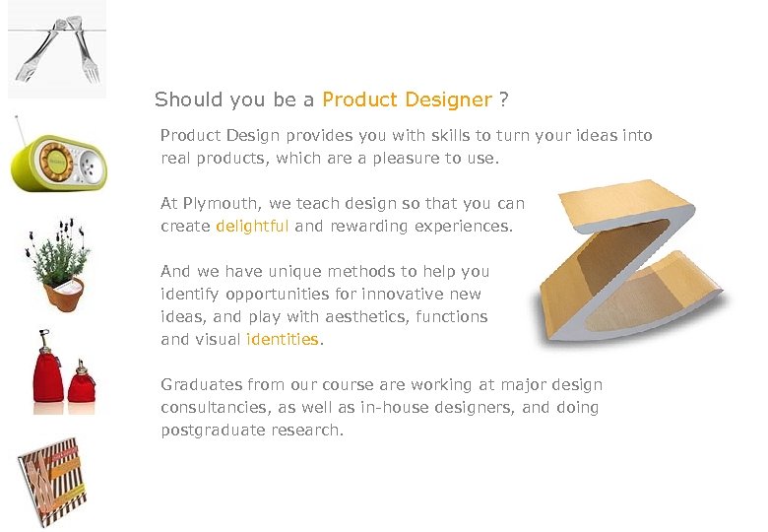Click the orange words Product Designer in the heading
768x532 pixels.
pos(407,100)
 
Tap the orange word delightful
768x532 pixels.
pos(252,226)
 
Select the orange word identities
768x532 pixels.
pos(283,339)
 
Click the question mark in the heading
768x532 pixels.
pos(504,100)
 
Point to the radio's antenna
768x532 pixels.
pos(20,132)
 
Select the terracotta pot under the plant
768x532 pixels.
pos(64,292)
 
